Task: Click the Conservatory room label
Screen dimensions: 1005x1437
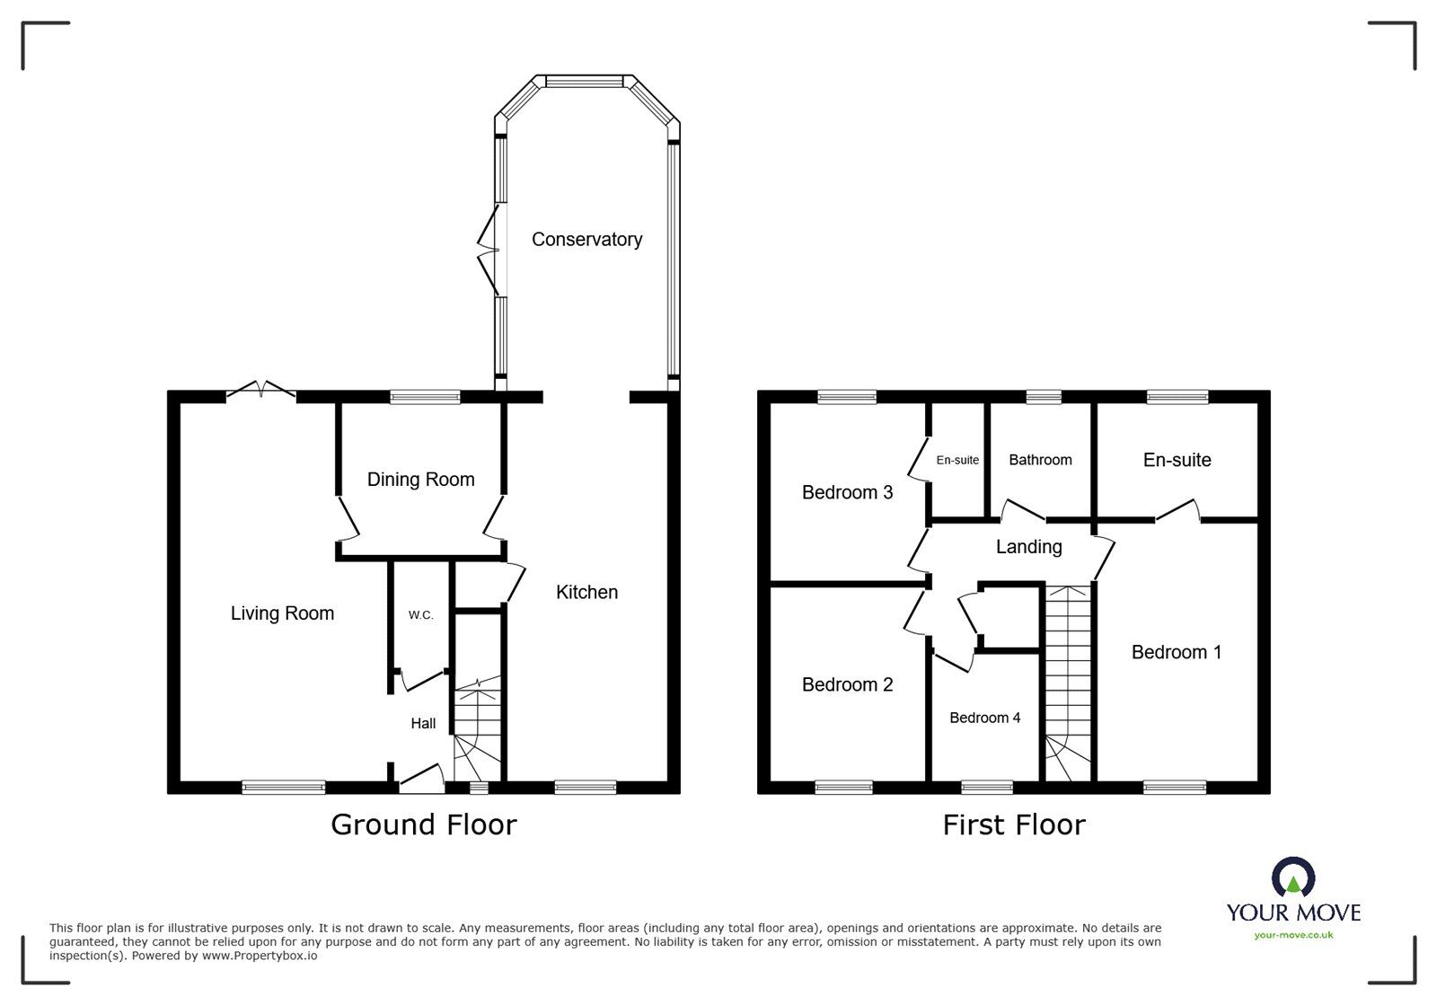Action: pyautogui.click(x=586, y=240)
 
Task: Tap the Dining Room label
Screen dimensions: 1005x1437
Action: pyautogui.click(x=420, y=480)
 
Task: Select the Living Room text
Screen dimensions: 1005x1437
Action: pyautogui.click(x=282, y=613)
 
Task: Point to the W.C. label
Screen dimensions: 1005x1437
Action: pyautogui.click(x=420, y=615)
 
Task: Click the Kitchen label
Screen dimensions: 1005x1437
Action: pyautogui.click(x=586, y=593)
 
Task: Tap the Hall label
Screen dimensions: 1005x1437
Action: pyautogui.click(x=423, y=724)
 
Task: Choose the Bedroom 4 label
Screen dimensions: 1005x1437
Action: pyautogui.click(x=984, y=718)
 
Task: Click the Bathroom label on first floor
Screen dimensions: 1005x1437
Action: pyautogui.click(x=1040, y=460)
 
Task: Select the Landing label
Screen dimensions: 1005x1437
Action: pyautogui.click(x=1028, y=547)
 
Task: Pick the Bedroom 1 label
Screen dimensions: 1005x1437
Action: pyautogui.click(x=1176, y=653)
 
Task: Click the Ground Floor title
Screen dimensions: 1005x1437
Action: pyautogui.click(x=423, y=824)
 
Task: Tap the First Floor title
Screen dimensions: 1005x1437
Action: pyautogui.click(x=1013, y=824)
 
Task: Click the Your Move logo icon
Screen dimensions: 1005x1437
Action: pyautogui.click(x=1293, y=877)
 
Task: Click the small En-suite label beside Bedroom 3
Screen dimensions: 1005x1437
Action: pyautogui.click(x=957, y=460)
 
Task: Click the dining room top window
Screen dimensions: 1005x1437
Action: pyautogui.click(x=425, y=397)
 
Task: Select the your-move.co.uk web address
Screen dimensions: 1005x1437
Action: pyautogui.click(x=1293, y=935)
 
